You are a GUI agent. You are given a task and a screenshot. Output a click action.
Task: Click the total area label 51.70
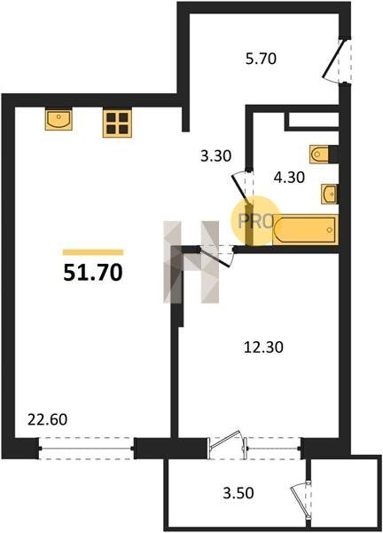[92, 273]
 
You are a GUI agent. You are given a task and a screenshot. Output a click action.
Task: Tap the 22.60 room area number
[48, 420]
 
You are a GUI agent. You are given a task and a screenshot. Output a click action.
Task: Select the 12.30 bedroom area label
[263, 347]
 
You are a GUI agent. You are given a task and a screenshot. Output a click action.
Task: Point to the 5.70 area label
[261, 60]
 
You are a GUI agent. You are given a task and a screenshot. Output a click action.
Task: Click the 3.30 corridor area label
[215, 156]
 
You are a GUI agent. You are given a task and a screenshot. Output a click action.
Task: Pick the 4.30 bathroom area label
[289, 178]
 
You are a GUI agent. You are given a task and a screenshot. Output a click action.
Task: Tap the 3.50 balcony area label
[238, 493]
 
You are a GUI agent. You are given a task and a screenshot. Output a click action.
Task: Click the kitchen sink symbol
[59, 119]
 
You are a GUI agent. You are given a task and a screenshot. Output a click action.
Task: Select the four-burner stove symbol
[117, 123]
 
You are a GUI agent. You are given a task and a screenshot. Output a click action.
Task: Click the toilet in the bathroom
[319, 155]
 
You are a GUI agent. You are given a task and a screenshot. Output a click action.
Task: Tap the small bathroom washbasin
[329, 194]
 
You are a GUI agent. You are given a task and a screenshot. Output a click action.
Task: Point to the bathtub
[305, 229]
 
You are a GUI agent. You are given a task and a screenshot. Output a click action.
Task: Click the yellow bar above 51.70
[93, 252]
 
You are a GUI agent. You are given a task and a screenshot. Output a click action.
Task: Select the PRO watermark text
[256, 221]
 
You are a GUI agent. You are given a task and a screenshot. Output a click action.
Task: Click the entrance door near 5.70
[337, 60]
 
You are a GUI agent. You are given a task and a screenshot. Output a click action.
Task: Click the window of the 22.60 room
[87, 449]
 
